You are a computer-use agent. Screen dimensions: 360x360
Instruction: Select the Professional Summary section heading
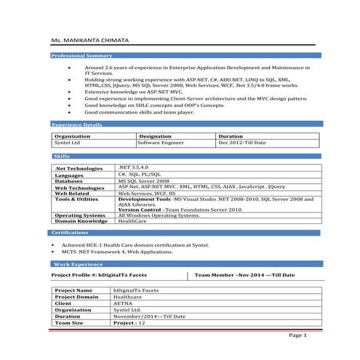point(81,56)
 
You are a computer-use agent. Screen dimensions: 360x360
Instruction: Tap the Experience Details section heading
point(78,125)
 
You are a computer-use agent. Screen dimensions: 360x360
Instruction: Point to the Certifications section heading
point(71,232)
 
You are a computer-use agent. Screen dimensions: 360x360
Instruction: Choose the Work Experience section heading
point(73,264)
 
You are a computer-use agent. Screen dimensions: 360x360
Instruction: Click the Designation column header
point(155,136)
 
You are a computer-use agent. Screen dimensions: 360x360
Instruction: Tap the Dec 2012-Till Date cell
point(241,143)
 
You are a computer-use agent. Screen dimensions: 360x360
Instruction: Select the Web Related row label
point(72,193)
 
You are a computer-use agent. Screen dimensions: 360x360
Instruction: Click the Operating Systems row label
point(80,215)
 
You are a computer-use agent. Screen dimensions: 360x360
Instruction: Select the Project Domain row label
point(76,297)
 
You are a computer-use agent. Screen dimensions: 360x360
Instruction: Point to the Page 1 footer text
point(298,335)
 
